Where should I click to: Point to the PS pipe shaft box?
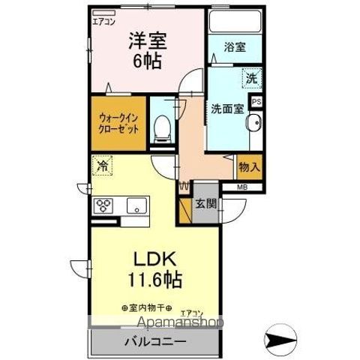pos(256,101)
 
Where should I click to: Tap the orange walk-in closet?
pos(118,121)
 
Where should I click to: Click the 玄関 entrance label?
pos(205,202)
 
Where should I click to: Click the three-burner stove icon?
pos(103,205)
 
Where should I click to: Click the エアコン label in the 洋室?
pos(103,22)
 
